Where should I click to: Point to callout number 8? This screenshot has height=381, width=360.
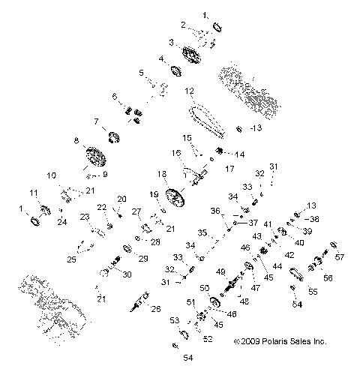coord(76,140)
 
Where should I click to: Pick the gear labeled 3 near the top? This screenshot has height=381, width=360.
coord(191,55)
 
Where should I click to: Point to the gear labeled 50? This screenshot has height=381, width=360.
coord(214,301)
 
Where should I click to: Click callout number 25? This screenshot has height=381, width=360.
coord(72,259)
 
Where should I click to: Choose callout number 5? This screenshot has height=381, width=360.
coord(141,73)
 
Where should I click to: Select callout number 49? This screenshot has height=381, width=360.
coord(220,271)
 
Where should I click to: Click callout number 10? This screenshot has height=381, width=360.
coord(52,175)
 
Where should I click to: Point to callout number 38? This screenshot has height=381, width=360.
coord(314,219)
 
